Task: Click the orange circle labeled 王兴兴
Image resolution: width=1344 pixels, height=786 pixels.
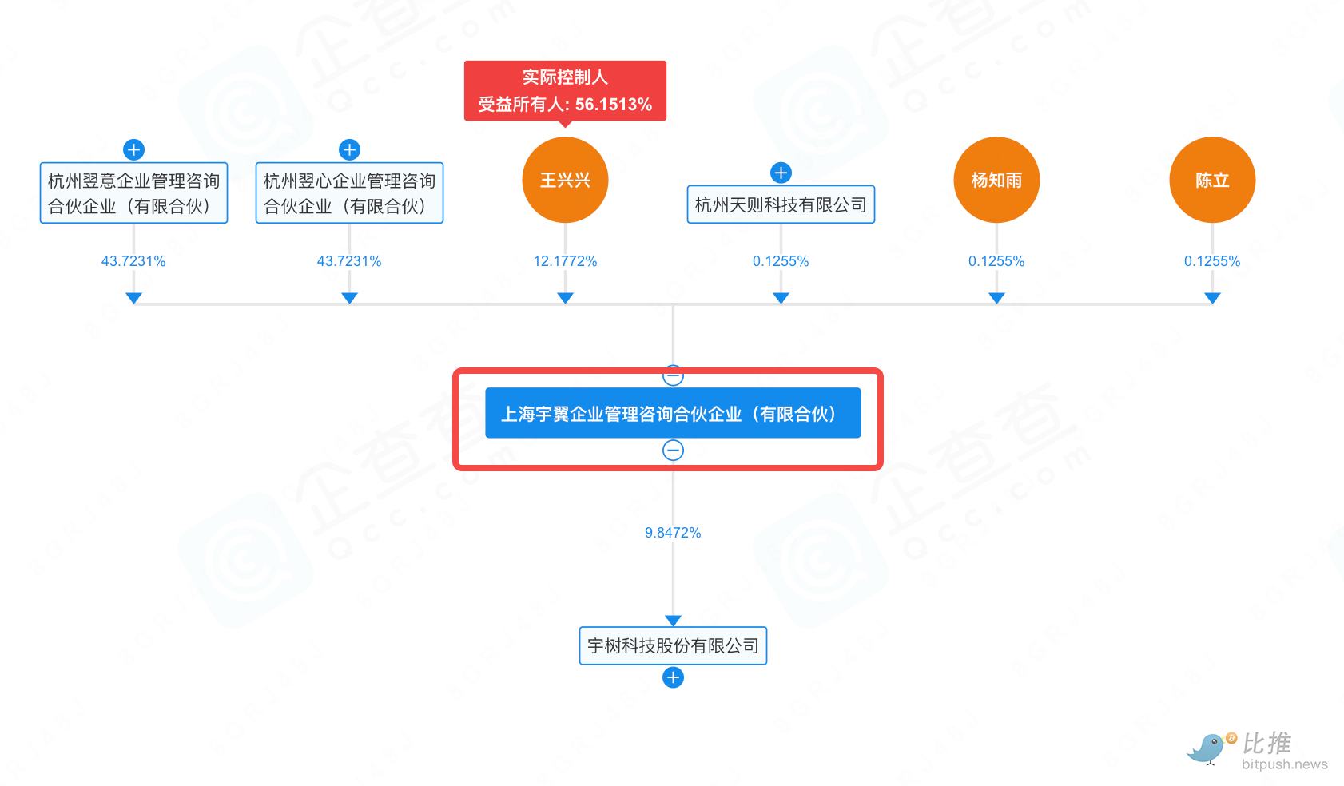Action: coord(565,180)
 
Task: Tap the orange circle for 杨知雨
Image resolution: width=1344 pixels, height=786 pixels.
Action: coord(996,180)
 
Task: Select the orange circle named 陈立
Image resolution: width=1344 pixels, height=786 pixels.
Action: coord(1212,180)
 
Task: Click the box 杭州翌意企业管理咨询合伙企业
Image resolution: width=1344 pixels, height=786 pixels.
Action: coord(133,193)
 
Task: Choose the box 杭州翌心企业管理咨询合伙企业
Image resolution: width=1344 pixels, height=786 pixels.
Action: coord(349,193)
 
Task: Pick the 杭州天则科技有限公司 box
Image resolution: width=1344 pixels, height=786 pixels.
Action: coord(781,204)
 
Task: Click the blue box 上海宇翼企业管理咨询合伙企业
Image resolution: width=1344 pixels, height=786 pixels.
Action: coord(673,413)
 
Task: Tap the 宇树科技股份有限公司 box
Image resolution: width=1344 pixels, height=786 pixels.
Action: coord(673,645)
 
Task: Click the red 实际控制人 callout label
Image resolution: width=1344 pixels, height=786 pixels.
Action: coord(565,91)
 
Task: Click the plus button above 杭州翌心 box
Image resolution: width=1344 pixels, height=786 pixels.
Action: coord(349,149)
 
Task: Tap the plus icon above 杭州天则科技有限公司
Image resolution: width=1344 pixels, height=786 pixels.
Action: coord(781,173)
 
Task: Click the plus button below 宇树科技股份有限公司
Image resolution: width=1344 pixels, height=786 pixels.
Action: coord(673,677)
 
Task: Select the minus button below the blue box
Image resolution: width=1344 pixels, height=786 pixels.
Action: coord(673,450)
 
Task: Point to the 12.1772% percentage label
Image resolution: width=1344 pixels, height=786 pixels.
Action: coord(565,261)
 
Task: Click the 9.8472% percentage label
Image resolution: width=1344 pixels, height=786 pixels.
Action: coord(673,532)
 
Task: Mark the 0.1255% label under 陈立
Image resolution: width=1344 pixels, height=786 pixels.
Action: coord(1212,261)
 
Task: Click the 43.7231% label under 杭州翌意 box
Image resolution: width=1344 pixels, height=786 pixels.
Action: coord(133,261)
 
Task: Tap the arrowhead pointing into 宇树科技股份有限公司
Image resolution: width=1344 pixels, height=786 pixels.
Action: coord(673,621)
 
